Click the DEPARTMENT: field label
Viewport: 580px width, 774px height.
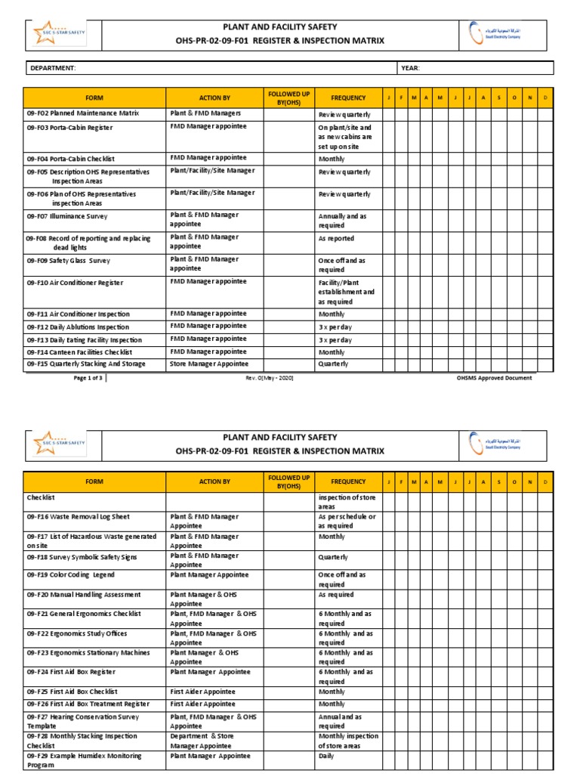coord(52,69)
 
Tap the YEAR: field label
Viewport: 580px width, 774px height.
coord(410,69)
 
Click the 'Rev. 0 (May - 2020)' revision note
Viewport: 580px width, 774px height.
coord(269,378)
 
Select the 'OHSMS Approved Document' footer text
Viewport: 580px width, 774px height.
coord(495,378)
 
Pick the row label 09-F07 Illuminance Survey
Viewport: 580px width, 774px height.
coord(67,215)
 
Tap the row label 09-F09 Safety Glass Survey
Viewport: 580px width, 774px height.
coord(68,261)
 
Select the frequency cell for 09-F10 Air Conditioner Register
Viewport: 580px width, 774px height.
coord(346,292)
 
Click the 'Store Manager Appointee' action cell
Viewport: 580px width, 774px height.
coord(209,364)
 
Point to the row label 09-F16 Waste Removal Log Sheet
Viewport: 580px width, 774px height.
coord(78,517)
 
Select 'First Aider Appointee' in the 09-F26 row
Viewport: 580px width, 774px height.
coord(202,704)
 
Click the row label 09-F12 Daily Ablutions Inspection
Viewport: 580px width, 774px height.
coord(78,327)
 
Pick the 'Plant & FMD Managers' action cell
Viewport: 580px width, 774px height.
coord(205,113)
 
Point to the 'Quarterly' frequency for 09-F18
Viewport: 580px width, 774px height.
coord(333,557)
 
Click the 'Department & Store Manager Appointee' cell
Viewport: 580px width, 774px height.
coord(204,741)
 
